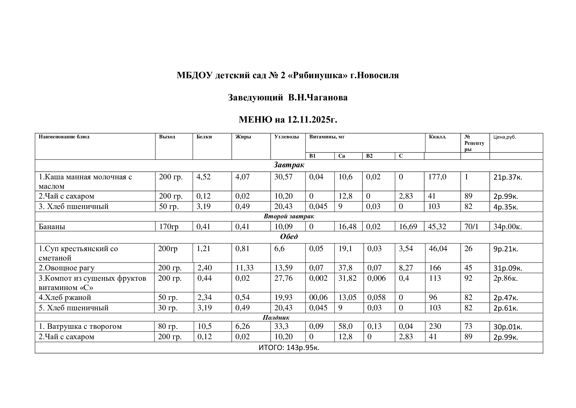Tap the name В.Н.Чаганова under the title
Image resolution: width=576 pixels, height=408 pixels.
click(x=318, y=97)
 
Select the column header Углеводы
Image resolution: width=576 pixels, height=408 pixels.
click(x=286, y=137)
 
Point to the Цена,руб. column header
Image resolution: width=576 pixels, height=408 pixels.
click(x=505, y=137)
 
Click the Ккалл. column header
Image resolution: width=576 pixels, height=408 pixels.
click(x=438, y=137)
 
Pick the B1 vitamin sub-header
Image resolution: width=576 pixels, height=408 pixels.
click(x=312, y=156)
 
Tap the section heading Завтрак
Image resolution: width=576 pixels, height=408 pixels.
click(x=289, y=165)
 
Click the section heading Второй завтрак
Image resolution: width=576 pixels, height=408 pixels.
click(x=289, y=216)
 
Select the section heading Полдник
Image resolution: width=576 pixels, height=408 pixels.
click(x=276, y=317)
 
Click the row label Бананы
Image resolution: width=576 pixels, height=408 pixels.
click(x=52, y=227)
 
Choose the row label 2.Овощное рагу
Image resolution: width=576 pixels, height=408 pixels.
click(x=66, y=268)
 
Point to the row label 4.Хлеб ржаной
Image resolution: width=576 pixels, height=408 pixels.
click(x=65, y=297)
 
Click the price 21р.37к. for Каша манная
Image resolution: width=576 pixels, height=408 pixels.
click(x=508, y=177)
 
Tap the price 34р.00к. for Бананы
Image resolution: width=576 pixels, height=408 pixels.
click(x=508, y=227)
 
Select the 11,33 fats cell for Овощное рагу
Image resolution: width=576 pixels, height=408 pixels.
click(x=244, y=268)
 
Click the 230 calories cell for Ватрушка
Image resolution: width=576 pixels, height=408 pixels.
click(x=435, y=326)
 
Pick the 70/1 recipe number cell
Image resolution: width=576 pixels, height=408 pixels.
click(x=471, y=227)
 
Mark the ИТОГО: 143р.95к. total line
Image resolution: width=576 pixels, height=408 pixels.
click(x=289, y=348)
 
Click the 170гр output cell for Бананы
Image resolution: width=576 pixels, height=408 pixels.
click(x=169, y=227)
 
